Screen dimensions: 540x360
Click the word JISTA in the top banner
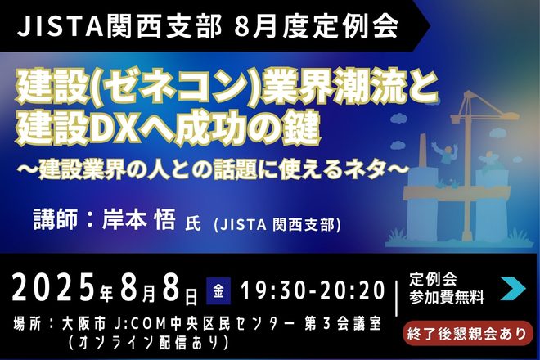tap(61, 26)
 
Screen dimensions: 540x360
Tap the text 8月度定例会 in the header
tap(316, 26)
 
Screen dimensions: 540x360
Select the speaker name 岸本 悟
tap(139, 219)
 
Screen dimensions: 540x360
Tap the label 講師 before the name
tap(55, 219)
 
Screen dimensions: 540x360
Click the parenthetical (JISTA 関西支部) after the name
tap(277, 225)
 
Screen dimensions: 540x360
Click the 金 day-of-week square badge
tap(218, 291)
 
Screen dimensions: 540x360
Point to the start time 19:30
tap(272, 290)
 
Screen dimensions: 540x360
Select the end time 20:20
tap(352, 290)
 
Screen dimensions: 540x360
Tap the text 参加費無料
tap(447, 297)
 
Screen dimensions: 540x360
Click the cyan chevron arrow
tap(513, 288)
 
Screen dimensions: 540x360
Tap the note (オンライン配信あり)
tap(148, 343)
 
